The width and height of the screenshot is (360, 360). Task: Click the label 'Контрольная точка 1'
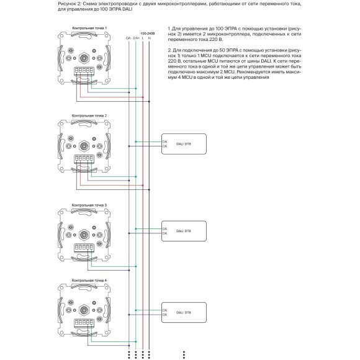pyautogui.click(x=89, y=29)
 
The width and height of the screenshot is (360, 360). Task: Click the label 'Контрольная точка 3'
pyautogui.click(x=89, y=204)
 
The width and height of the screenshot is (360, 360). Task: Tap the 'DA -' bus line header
pyautogui.click(x=128, y=38)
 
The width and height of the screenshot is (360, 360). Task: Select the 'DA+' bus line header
pyautogui.click(x=136, y=38)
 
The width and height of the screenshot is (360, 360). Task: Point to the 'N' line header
pyautogui.click(x=150, y=38)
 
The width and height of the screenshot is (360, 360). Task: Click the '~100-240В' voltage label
pyautogui.click(x=146, y=33)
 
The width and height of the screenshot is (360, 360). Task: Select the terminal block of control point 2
pyautogui.click(x=83, y=159)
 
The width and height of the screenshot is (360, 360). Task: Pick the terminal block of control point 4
pyautogui.click(x=83, y=323)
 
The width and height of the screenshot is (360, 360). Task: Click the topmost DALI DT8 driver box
pyautogui.click(x=184, y=144)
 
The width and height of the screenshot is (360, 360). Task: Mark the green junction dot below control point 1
pyautogui.click(x=136, y=88)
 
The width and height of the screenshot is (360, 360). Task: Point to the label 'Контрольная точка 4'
pyautogui.click(x=89, y=281)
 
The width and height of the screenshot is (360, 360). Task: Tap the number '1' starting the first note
pyautogui.click(x=169, y=29)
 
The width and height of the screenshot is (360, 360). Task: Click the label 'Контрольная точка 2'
pyautogui.click(x=89, y=116)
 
